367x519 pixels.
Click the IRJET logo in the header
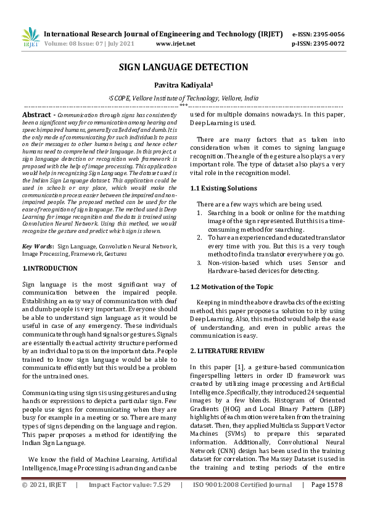30,37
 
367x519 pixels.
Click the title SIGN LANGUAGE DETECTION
183,67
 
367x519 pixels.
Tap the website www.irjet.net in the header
176,44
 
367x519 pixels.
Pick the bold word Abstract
36,115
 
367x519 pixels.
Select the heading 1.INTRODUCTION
50,269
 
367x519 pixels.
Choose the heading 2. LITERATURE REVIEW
227,351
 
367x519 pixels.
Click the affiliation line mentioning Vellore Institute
183,98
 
